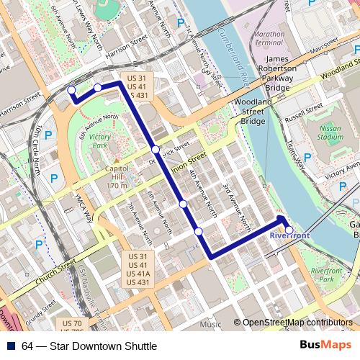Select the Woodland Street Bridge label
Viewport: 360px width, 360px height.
tap(253, 112)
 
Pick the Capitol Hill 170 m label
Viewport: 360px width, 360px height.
tap(117, 177)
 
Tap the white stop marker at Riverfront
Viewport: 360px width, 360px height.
tap(289, 231)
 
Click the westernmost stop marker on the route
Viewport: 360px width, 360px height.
tap(71, 90)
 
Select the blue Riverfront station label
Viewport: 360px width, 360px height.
tap(290, 236)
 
